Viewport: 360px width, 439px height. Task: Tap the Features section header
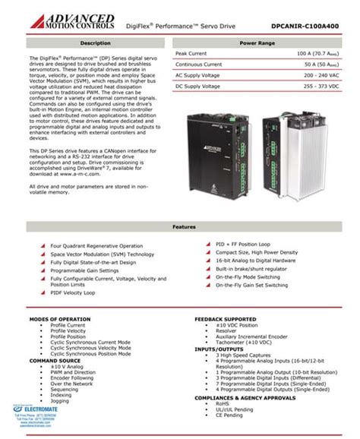[179, 226]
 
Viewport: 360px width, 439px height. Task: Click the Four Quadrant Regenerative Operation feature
[96, 246]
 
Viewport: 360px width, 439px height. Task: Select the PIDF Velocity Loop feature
[77, 290]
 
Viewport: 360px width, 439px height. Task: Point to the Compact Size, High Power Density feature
[257, 251]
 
